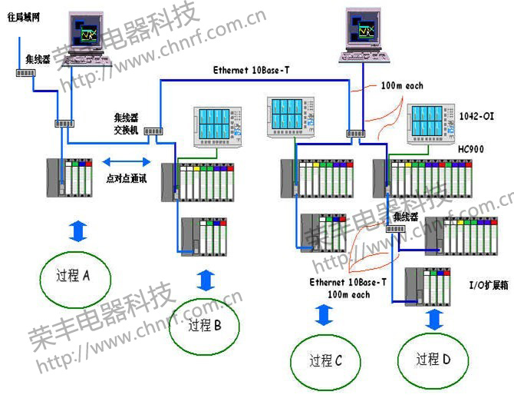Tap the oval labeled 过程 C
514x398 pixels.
pyautogui.click(x=325, y=360)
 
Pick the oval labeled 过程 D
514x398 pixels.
pyautogui.click(x=433, y=358)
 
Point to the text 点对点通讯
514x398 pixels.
pyautogui.click(x=126, y=177)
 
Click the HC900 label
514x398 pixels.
pyautogui.click(x=470, y=148)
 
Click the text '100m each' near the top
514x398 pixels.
pyautogui.click(x=402, y=86)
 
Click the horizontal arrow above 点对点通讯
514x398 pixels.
pyautogui.click(x=127, y=161)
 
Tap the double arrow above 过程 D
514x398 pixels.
pyautogui.click(x=434, y=318)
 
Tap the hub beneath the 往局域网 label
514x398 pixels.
pyautogui.click(x=25, y=74)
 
